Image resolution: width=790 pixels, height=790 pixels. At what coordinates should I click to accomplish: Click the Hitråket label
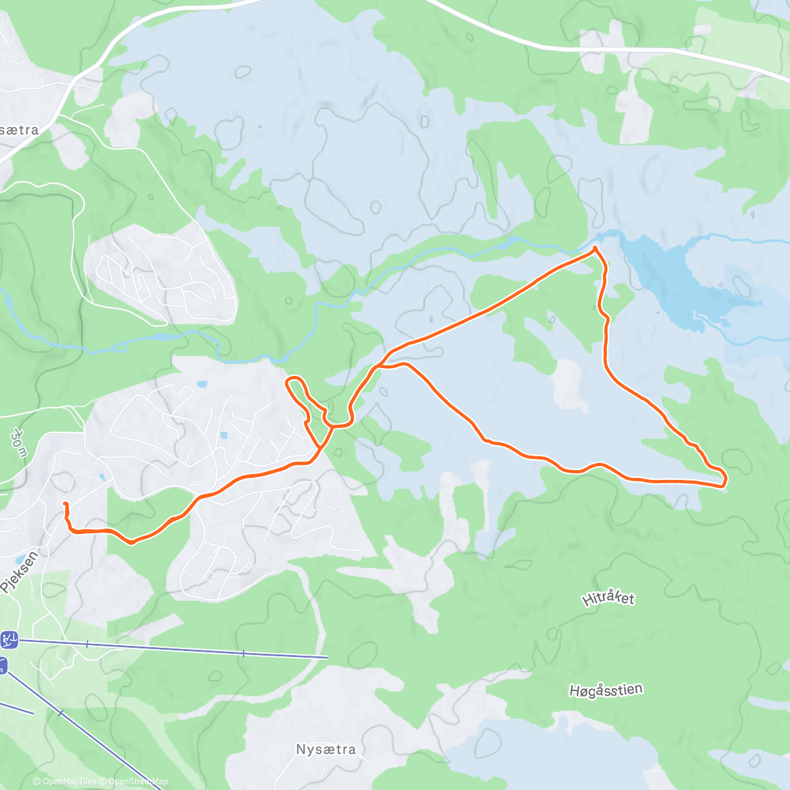(x=608, y=598)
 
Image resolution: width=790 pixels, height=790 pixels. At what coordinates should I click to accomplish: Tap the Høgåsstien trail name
(x=606, y=690)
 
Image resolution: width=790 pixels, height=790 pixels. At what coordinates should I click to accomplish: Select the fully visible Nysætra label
(x=326, y=749)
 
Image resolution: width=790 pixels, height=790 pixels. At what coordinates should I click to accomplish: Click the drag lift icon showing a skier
(x=10, y=639)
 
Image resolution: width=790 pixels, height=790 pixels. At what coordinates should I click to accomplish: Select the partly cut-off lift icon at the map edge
(x=3, y=666)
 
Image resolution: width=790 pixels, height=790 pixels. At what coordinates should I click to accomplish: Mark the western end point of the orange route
(x=65, y=504)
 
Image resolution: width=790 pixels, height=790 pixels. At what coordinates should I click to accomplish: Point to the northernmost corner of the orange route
(x=595, y=248)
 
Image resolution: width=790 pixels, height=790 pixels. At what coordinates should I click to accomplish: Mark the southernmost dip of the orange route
(x=132, y=542)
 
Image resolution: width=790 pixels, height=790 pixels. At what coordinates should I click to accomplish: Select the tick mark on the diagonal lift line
(x=61, y=713)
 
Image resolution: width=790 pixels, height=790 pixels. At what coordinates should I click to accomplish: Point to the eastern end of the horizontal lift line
(x=327, y=657)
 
